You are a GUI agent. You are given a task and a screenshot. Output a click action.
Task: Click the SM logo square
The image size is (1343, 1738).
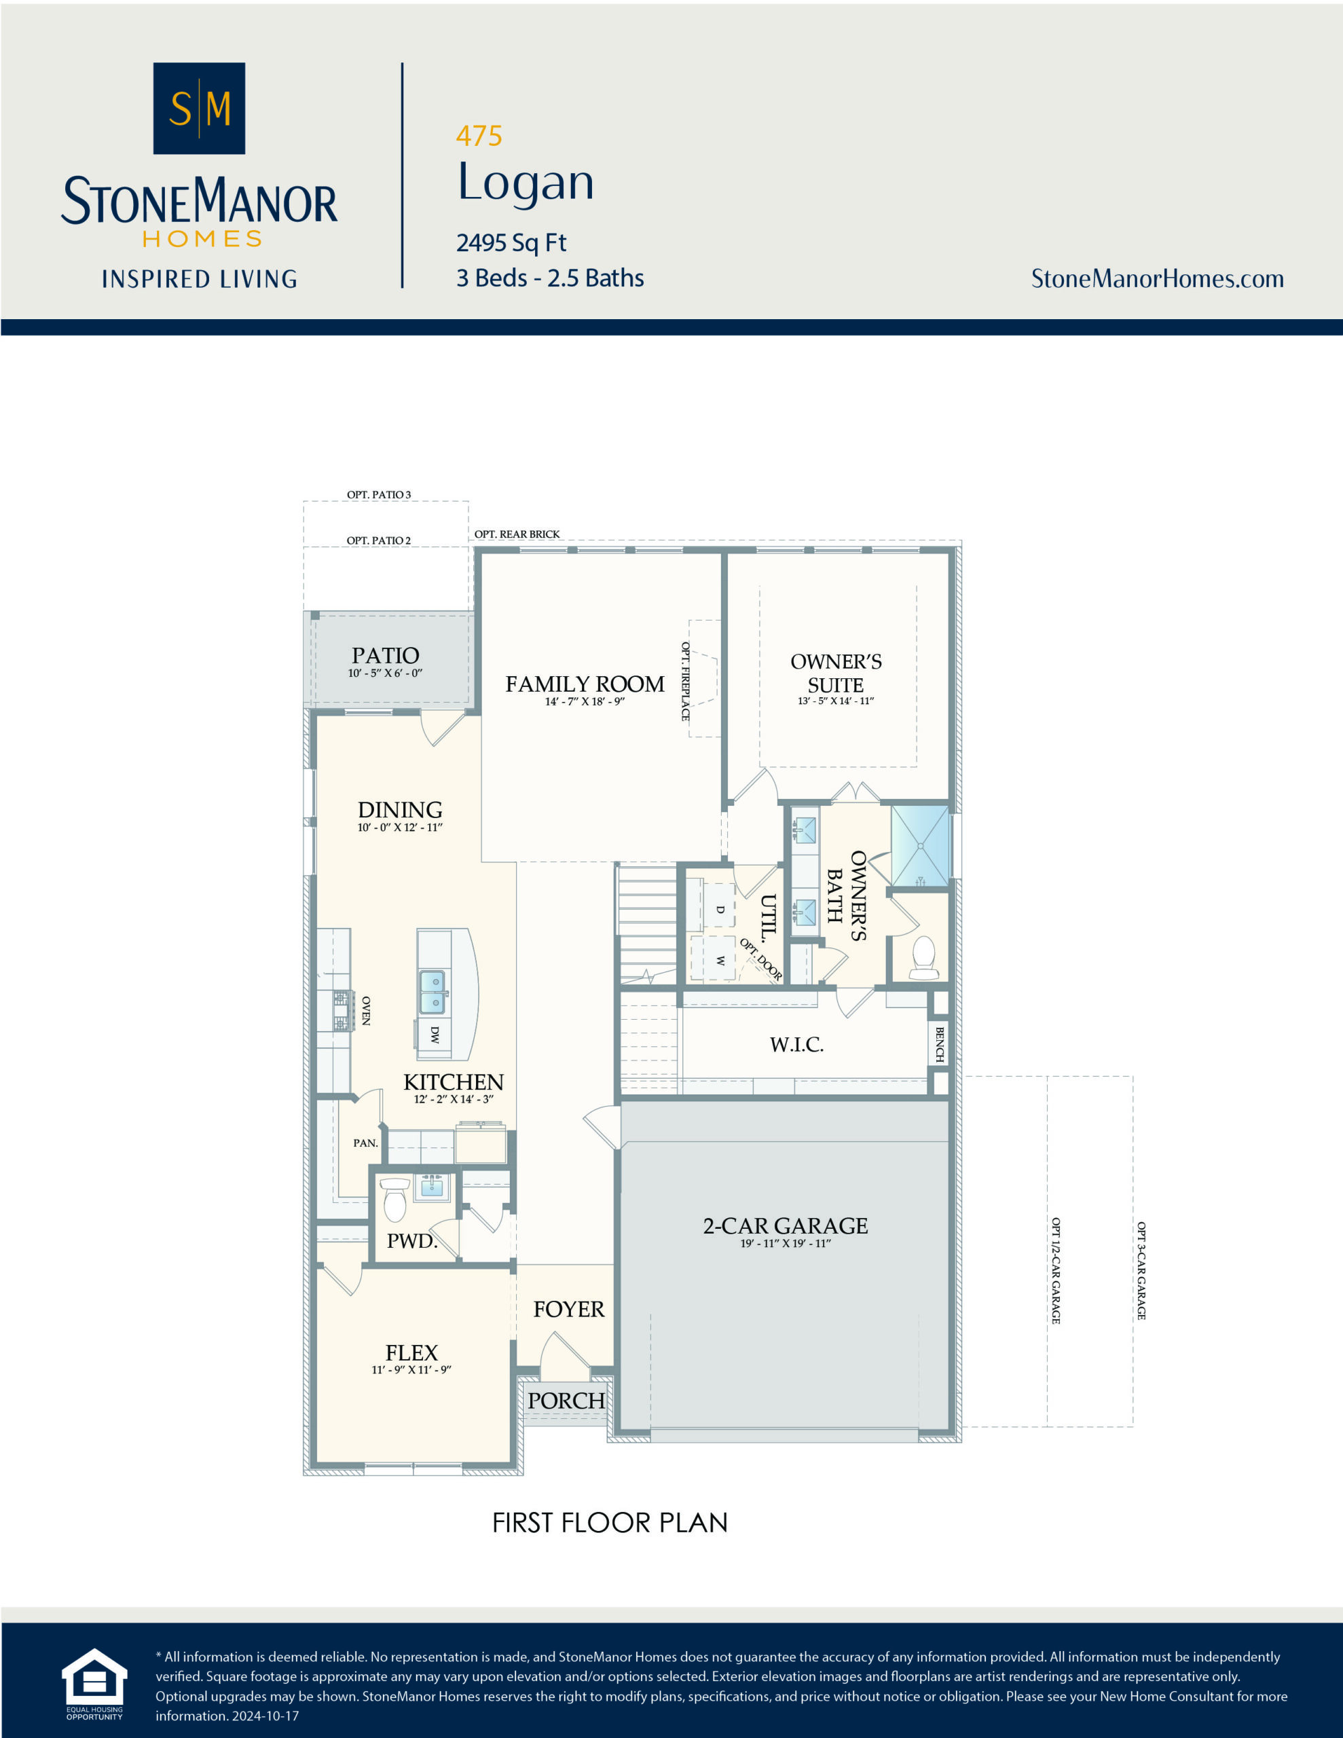(199, 108)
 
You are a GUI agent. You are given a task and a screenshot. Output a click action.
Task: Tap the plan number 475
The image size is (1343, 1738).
(479, 136)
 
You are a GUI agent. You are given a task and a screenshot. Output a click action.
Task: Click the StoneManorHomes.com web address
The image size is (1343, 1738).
(1157, 278)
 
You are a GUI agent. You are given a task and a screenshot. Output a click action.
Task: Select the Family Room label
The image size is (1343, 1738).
(585, 684)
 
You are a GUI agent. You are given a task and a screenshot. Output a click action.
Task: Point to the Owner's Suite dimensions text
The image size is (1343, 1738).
(835, 701)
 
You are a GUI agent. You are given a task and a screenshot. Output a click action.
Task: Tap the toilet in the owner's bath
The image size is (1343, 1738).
(923, 958)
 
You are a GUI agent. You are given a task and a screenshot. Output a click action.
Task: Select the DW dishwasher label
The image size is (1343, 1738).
(435, 1035)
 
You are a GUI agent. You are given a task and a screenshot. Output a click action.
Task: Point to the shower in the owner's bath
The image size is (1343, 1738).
(919, 846)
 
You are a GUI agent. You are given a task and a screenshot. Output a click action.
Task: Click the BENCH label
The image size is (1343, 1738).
(940, 1043)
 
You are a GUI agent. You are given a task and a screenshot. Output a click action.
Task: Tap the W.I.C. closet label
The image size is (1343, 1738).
(796, 1045)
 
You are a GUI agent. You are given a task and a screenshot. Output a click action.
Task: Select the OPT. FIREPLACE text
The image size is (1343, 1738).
(684, 681)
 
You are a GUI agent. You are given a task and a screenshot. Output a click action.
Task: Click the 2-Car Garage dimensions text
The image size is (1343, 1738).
(785, 1243)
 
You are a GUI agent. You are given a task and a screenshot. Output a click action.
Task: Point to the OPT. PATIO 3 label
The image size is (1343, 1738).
(379, 495)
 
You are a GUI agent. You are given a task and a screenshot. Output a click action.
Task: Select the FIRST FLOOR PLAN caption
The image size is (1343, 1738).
(610, 1523)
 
